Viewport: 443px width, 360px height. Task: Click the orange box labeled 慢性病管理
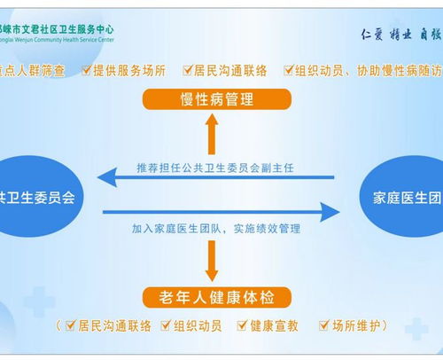click(212, 98)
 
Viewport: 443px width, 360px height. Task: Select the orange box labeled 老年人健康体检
click(212, 294)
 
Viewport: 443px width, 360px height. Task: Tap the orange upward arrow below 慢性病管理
click(212, 135)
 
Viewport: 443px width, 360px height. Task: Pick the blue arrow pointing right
click(221, 212)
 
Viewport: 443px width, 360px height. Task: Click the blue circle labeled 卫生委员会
click(35, 197)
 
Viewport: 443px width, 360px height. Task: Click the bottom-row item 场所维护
click(357, 326)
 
